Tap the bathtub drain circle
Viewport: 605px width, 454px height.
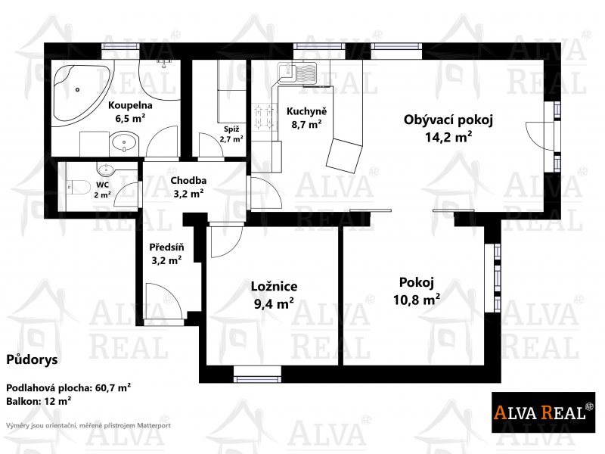(x=78, y=89)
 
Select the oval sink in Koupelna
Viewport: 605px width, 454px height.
(x=124, y=143)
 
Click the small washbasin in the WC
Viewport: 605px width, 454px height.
(x=104, y=169)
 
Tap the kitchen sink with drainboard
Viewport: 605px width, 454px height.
(x=296, y=73)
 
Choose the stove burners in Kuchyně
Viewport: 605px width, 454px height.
(x=263, y=117)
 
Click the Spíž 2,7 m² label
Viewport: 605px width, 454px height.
(x=231, y=134)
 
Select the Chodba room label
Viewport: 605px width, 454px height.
(x=188, y=180)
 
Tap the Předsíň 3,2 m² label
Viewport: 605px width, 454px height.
(x=166, y=253)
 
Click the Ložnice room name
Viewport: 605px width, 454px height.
(x=274, y=287)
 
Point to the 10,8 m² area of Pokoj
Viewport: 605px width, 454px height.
(x=417, y=299)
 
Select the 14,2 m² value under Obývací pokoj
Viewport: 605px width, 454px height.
(x=448, y=137)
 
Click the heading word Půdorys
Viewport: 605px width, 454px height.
(x=32, y=360)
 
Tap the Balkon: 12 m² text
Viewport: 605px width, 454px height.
(x=39, y=401)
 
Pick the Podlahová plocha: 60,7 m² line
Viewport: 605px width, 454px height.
(x=68, y=387)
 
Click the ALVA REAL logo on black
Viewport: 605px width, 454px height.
(x=543, y=412)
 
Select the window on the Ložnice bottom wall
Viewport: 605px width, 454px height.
(x=257, y=374)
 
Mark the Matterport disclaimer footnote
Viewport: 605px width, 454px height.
(x=88, y=425)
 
